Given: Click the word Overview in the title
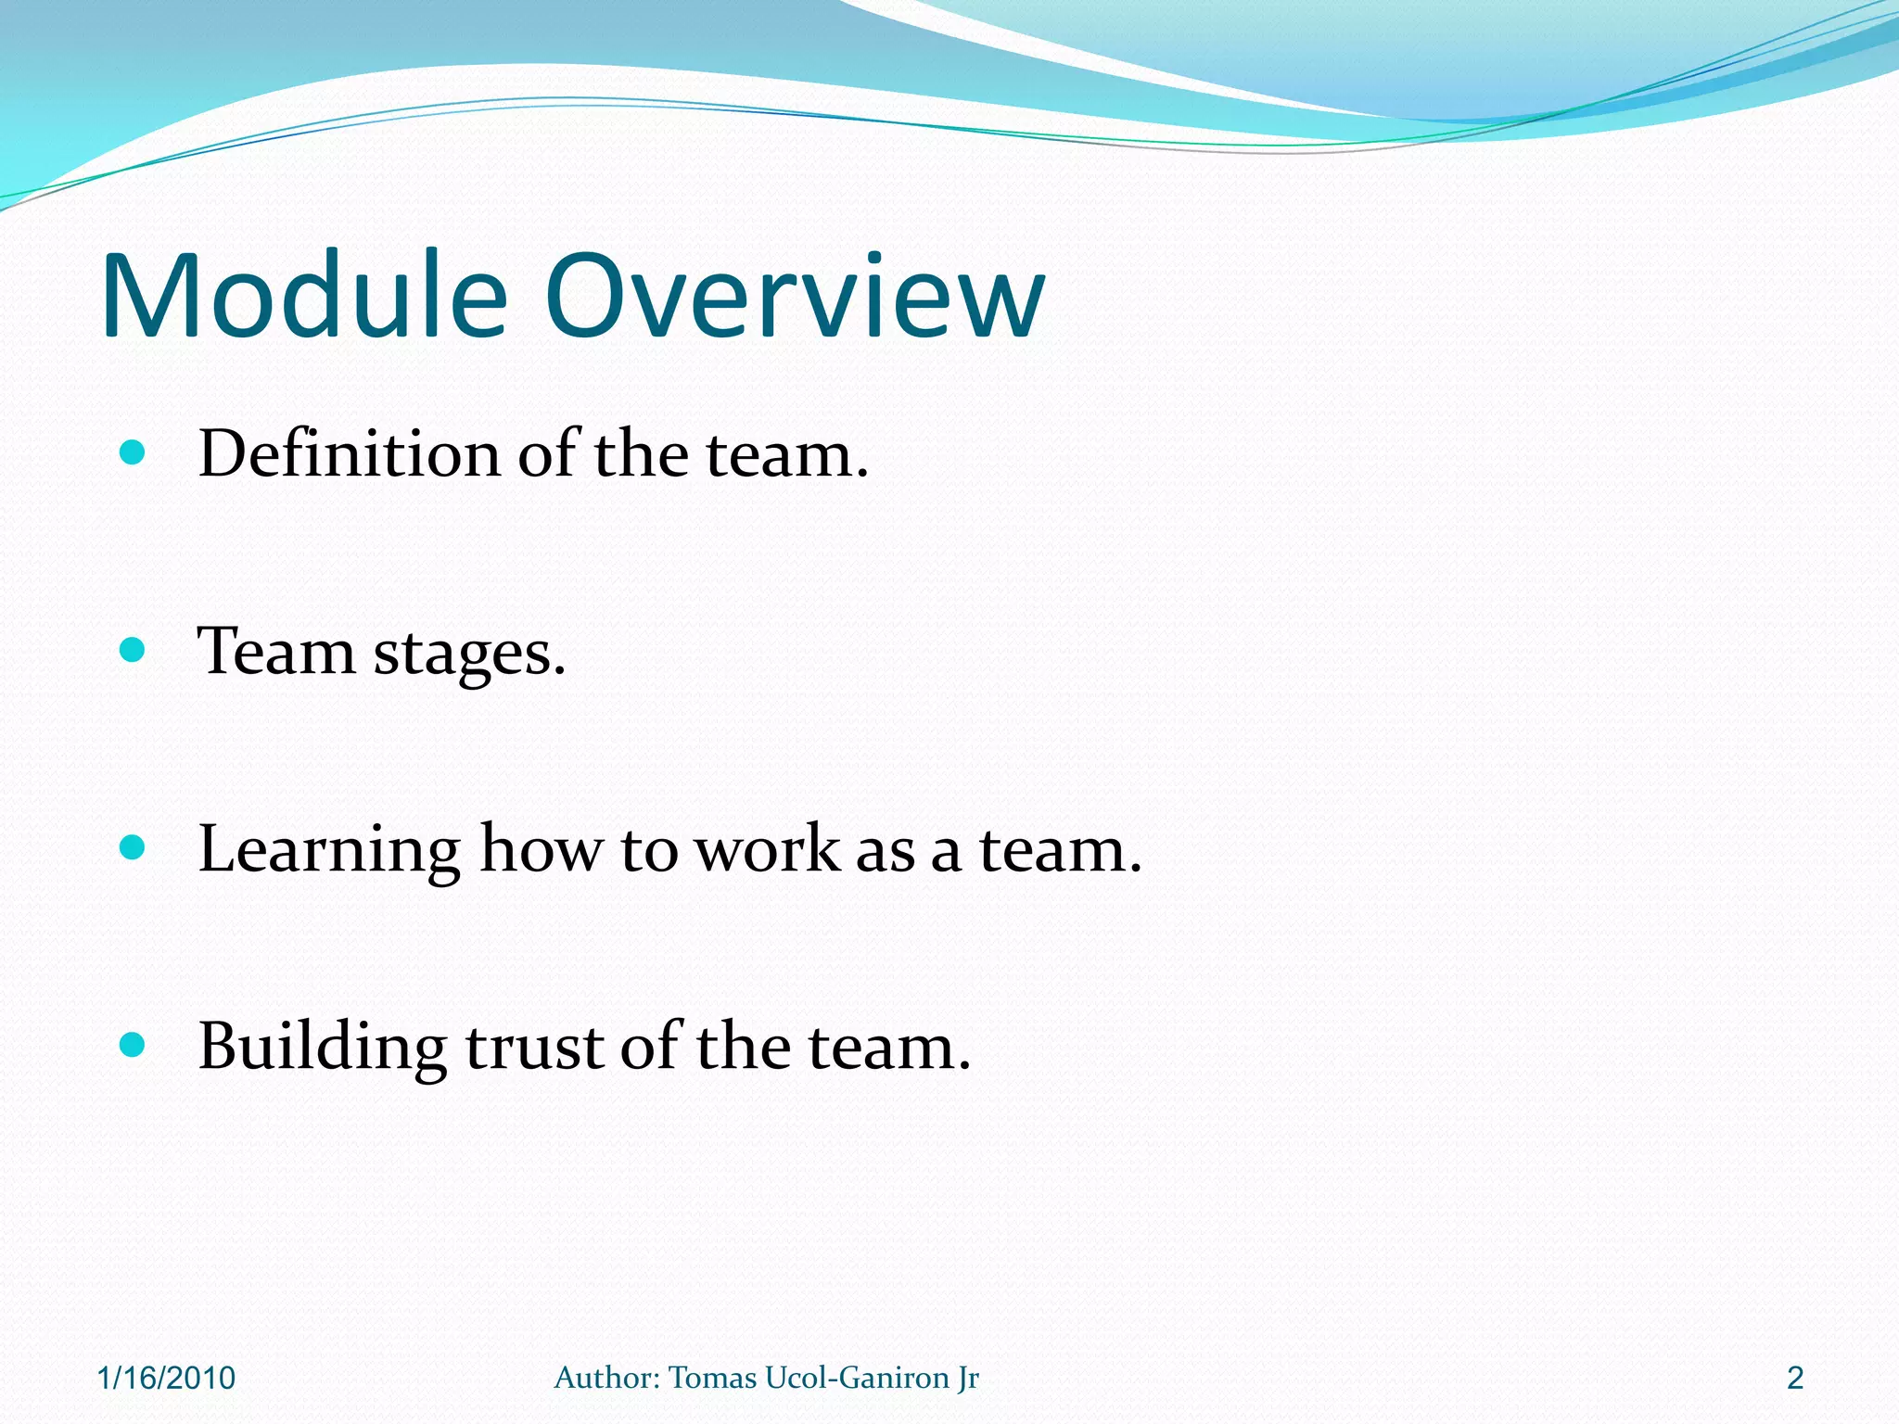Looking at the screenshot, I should click(795, 297).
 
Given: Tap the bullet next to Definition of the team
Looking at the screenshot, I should click(133, 453).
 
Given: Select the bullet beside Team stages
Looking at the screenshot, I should click(133, 650).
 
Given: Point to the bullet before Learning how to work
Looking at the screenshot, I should click(133, 847).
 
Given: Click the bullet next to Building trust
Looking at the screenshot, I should click(133, 1045).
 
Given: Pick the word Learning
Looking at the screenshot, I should click(329, 851).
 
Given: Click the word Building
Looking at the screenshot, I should click(322, 1049).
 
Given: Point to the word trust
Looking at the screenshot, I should click(534, 1049).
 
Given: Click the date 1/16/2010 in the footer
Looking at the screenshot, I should click(166, 1379).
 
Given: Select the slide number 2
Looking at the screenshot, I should click(1795, 1379).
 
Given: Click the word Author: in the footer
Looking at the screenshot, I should click(606, 1379).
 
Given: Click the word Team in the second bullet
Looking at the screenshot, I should click(276, 652).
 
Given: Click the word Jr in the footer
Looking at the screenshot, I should click(969, 1379).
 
